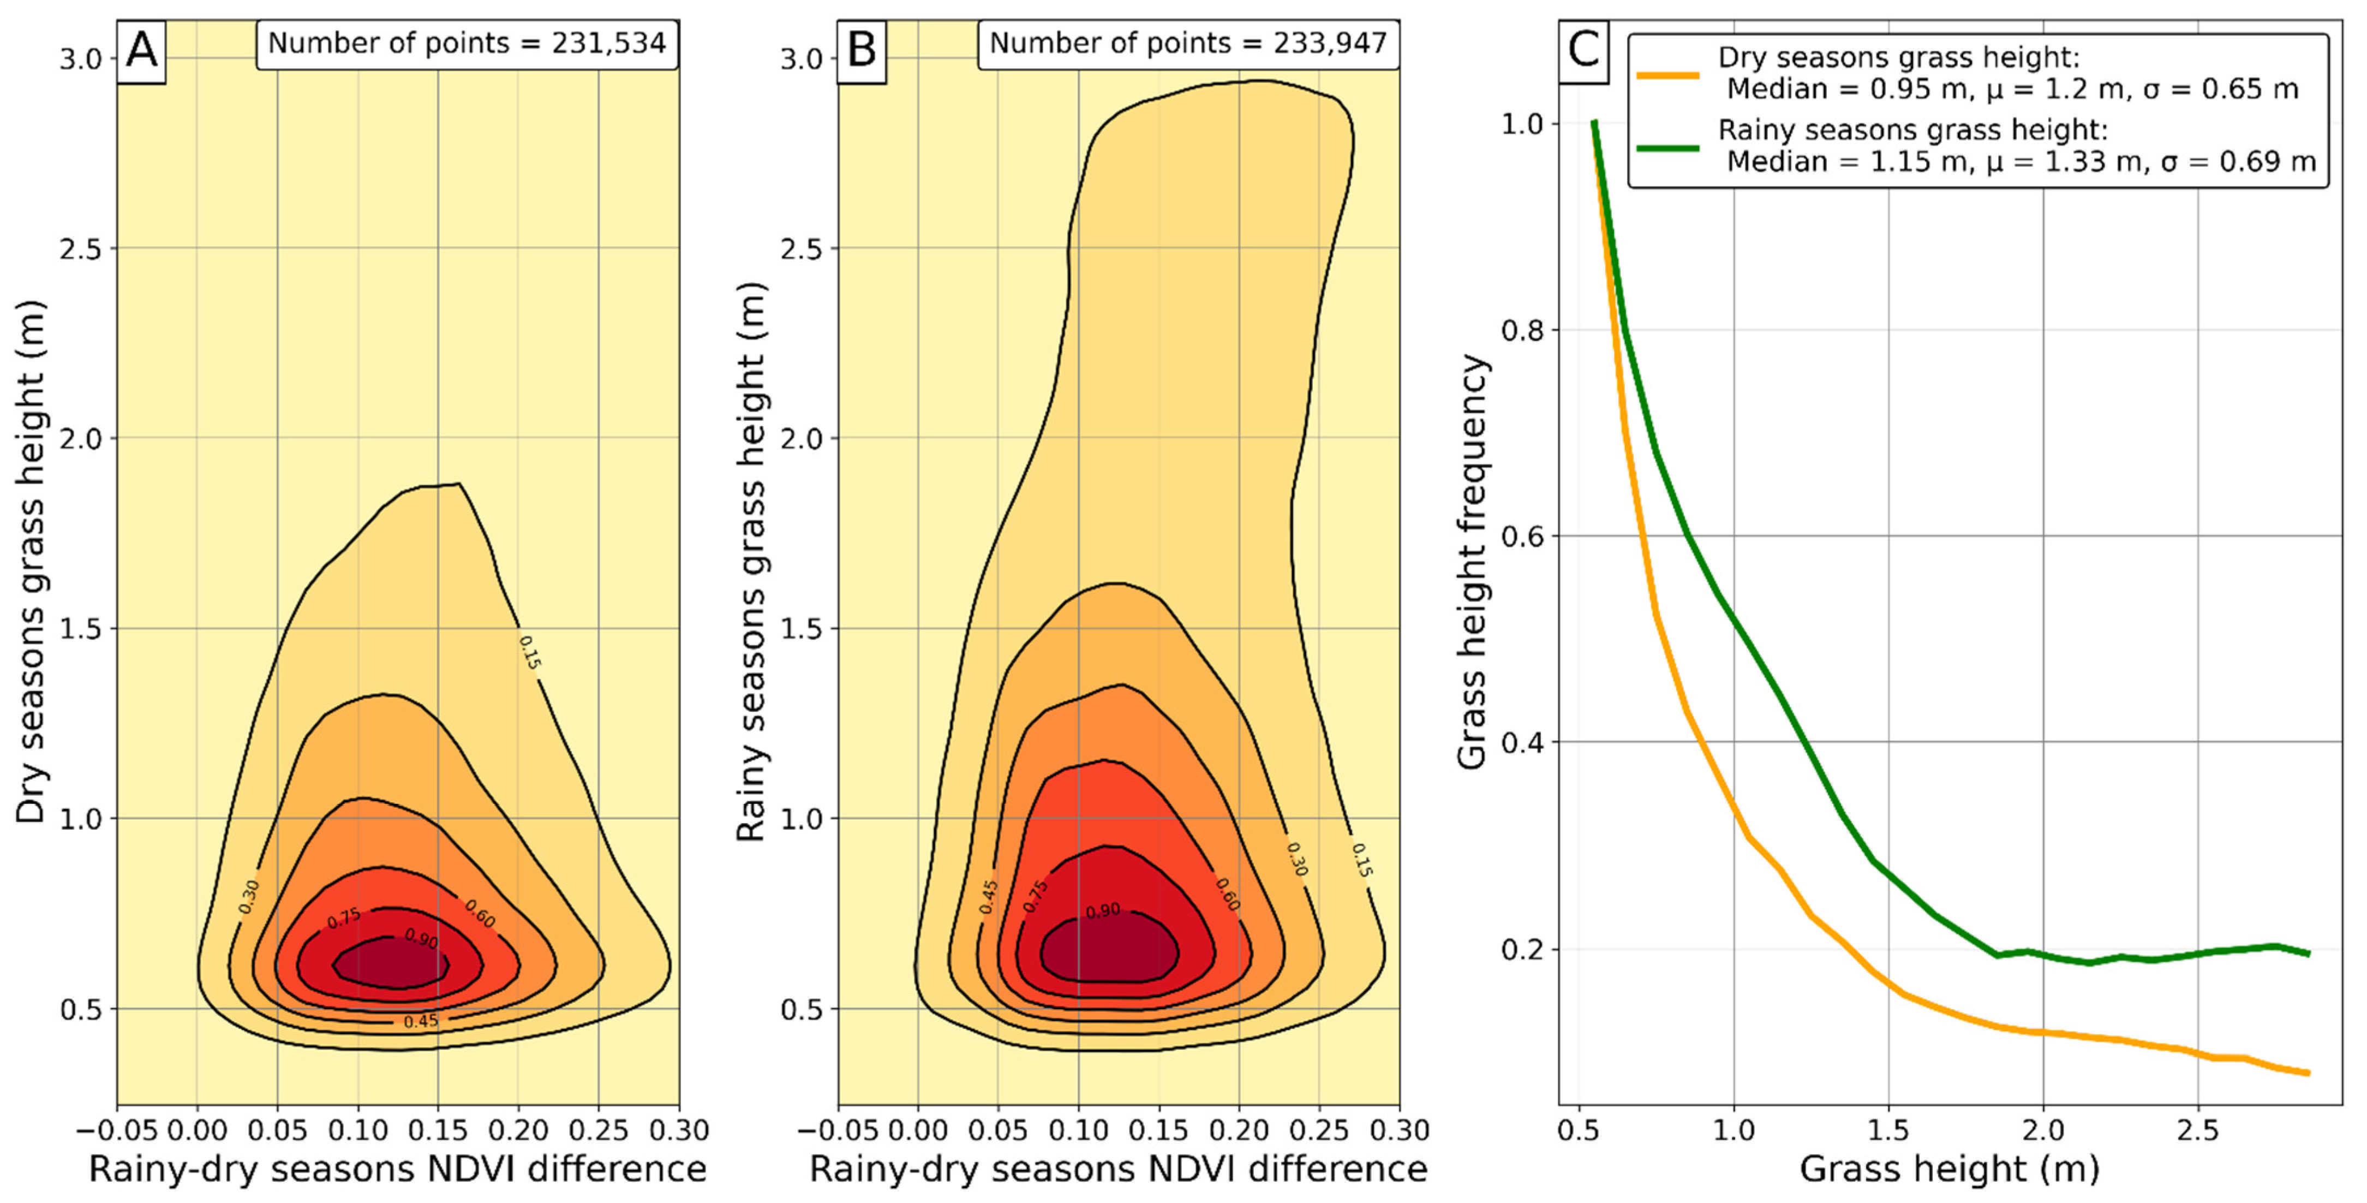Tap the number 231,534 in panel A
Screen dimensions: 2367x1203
pos(608,43)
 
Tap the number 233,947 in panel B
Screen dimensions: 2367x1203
pos(1330,43)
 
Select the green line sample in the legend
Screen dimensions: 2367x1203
pos(1667,147)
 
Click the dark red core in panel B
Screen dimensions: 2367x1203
pos(1109,951)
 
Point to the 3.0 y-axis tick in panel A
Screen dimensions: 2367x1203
pos(81,59)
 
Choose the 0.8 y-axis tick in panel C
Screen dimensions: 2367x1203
pos(1522,329)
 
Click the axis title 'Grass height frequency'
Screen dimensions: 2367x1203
pos(1472,562)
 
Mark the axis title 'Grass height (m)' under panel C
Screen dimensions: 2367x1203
pos(1950,1169)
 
